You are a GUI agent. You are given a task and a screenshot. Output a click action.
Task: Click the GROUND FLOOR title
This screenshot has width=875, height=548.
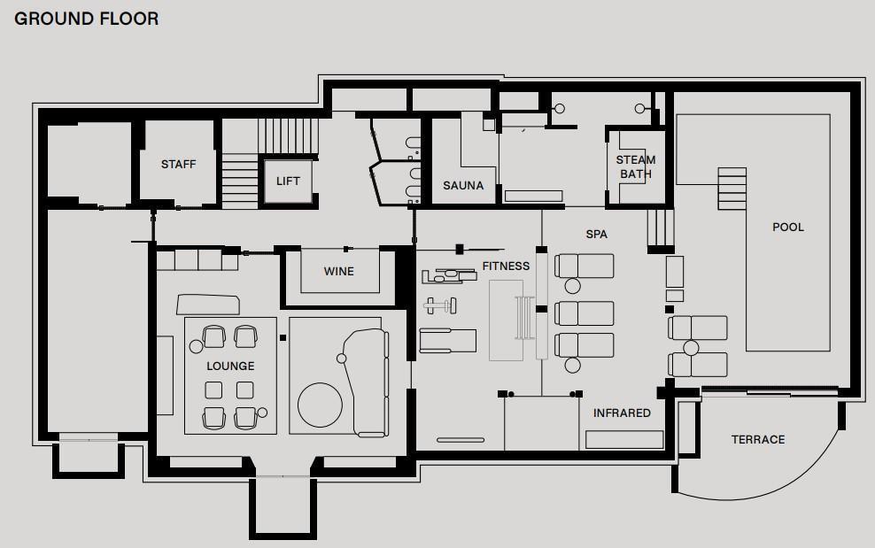point(87,19)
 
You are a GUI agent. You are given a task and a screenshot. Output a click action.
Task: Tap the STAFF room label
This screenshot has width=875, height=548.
point(179,164)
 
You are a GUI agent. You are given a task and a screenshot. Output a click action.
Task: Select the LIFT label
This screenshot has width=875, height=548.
point(288,181)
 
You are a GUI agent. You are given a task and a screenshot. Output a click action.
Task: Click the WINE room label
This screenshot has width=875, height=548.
point(338,271)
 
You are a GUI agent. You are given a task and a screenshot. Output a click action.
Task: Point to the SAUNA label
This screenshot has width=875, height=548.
point(463,185)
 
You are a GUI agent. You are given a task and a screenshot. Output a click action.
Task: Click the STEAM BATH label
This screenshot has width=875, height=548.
point(636,166)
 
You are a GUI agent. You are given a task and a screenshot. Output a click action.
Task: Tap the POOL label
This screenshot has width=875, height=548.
point(788,228)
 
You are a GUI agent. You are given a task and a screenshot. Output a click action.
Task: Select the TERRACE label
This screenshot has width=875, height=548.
point(758,440)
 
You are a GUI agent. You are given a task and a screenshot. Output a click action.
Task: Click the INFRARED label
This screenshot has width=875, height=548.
point(622,413)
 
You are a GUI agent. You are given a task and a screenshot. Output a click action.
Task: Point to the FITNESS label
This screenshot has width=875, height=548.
point(506,266)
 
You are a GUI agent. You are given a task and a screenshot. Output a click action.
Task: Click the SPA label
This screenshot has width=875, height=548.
point(597,235)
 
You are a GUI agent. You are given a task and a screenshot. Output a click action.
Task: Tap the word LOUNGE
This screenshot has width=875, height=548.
point(230,367)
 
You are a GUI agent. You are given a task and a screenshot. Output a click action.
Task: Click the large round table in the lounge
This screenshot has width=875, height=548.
point(321,405)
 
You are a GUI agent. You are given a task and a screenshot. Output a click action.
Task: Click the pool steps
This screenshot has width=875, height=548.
point(732,189)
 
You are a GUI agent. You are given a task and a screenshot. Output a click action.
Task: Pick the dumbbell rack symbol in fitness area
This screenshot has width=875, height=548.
point(440,305)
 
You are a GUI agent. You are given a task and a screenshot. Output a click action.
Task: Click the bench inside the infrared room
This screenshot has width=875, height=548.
point(624,440)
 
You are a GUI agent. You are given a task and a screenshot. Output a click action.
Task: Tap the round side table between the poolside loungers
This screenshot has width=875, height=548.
point(691,348)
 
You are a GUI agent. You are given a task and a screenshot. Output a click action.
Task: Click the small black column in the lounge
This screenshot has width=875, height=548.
point(283,337)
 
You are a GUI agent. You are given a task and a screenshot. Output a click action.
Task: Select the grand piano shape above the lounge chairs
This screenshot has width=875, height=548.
point(208,305)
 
